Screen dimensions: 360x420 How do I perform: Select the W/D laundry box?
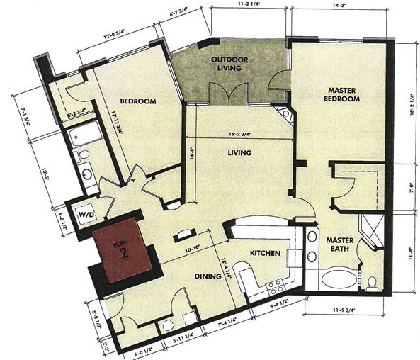click(87, 213)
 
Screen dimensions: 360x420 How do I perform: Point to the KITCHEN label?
click(264, 254)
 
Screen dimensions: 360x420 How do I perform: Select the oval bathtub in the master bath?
click(338, 279)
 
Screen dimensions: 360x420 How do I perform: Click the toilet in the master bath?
click(371, 283)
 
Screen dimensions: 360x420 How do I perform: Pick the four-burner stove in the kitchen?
click(274, 287)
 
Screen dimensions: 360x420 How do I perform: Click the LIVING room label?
click(239, 152)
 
